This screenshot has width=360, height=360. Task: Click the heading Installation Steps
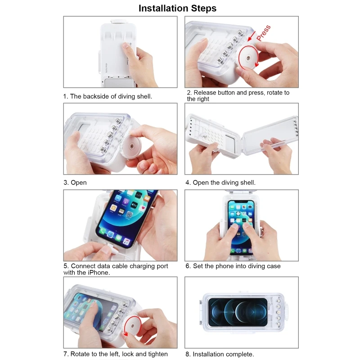click(x=177, y=8)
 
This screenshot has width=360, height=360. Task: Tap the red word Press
click(x=264, y=33)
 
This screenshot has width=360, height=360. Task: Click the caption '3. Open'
click(x=75, y=183)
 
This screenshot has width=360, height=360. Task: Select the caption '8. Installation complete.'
click(x=220, y=354)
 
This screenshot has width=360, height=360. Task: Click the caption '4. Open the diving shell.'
click(x=220, y=183)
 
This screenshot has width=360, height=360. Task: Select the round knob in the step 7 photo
click(x=132, y=326)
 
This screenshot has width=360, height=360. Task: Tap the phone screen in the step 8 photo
click(x=238, y=312)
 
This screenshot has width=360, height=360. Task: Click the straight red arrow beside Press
click(x=252, y=36)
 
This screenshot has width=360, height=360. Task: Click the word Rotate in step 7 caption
click(x=80, y=354)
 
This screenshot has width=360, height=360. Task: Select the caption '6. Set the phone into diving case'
click(x=233, y=266)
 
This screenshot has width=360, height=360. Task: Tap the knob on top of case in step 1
click(x=117, y=21)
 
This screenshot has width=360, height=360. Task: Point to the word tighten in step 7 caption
click(x=156, y=354)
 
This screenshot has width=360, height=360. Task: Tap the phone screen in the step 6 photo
click(x=241, y=227)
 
